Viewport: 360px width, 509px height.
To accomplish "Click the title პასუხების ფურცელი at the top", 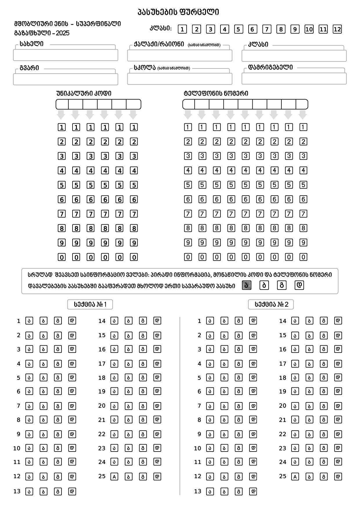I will tap(178, 12).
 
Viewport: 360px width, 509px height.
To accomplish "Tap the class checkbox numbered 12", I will tap(337, 29).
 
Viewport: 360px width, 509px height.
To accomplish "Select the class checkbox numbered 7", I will tap(266, 29).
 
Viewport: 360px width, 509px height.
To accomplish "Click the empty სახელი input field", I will tap(66, 55).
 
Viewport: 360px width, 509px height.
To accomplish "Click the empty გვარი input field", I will tap(66, 79).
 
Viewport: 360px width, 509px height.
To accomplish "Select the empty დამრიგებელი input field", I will tap(294, 79).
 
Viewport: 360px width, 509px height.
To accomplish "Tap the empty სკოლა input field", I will tap(180, 79).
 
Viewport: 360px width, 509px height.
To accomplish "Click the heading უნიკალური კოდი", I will tap(84, 93).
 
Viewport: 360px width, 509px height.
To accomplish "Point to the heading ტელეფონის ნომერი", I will tap(216, 93).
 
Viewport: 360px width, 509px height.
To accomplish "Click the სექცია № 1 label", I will tap(90, 304).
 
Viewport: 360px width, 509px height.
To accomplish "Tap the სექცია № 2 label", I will tap(271, 304).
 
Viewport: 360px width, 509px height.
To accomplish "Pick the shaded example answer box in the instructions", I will tap(247, 286).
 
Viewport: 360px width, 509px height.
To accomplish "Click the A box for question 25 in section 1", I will tap(115, 476).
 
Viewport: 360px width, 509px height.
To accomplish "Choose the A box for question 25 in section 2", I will tap(295, 476).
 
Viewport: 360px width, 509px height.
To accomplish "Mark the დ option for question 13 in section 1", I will tap(72, 491).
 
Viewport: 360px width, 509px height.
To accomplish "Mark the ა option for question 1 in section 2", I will tap(210, 321).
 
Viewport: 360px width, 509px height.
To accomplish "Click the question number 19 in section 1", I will tap(102, 391).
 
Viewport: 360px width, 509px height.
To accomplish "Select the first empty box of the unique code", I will tap(62, 104).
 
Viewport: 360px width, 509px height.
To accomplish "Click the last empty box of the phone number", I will tap(302, 104).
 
